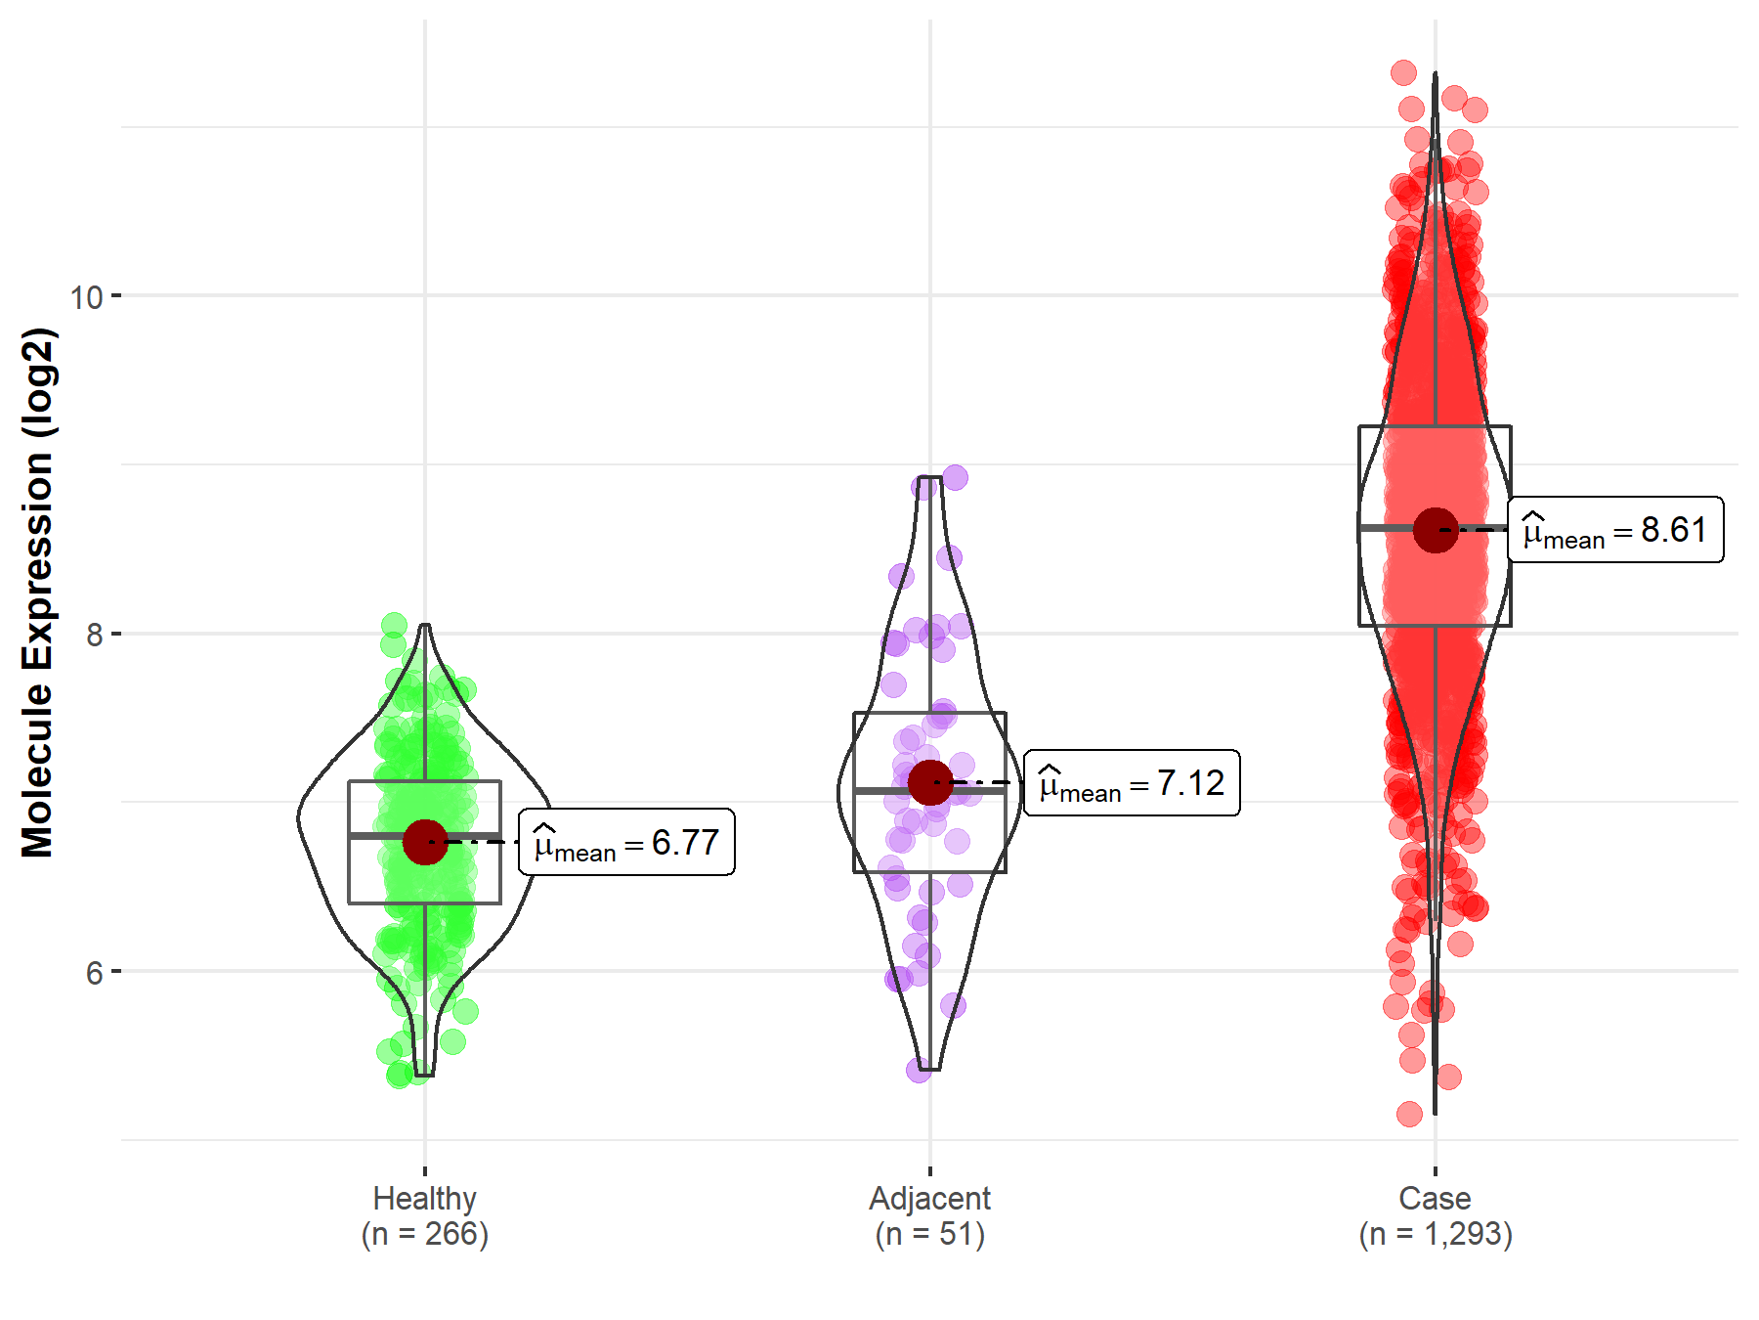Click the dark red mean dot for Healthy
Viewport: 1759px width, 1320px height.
click(x=425, y=842)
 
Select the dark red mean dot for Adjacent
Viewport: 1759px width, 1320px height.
click(x=930, y=782)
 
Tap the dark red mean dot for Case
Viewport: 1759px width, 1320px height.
click(x=1436, y=530)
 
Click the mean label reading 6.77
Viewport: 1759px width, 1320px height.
click(x=626, y=843)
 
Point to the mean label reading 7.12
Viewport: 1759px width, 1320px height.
click(x=1132, y=783)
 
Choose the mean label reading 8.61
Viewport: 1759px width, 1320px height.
click(x=1615, y=530)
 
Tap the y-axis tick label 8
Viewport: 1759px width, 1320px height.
click(x=94, y=635)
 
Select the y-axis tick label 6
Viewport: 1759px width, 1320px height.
click(x=94, y=973)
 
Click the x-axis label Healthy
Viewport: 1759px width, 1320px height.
click(x=425, y=1198)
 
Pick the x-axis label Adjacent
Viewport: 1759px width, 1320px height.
click(x=930, y=1198)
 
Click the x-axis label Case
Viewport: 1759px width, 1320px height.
click(x=1435, y=1198)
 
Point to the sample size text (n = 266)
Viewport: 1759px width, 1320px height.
click(x=425, y=1234)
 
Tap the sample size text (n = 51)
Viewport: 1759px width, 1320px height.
click(x=930, y=1234)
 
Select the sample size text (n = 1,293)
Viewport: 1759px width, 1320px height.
click(x=1436, y=1234)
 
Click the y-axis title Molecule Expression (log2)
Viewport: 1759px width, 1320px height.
click(x=37, y=593)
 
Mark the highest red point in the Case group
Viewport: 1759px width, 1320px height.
click(x=1403, y=72)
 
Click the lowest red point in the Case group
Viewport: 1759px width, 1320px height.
click(x=1409, y=1114)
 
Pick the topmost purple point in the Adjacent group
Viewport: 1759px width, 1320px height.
click(x=955, y=477)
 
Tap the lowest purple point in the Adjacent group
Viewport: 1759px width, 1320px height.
click(x=919, y=1070)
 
